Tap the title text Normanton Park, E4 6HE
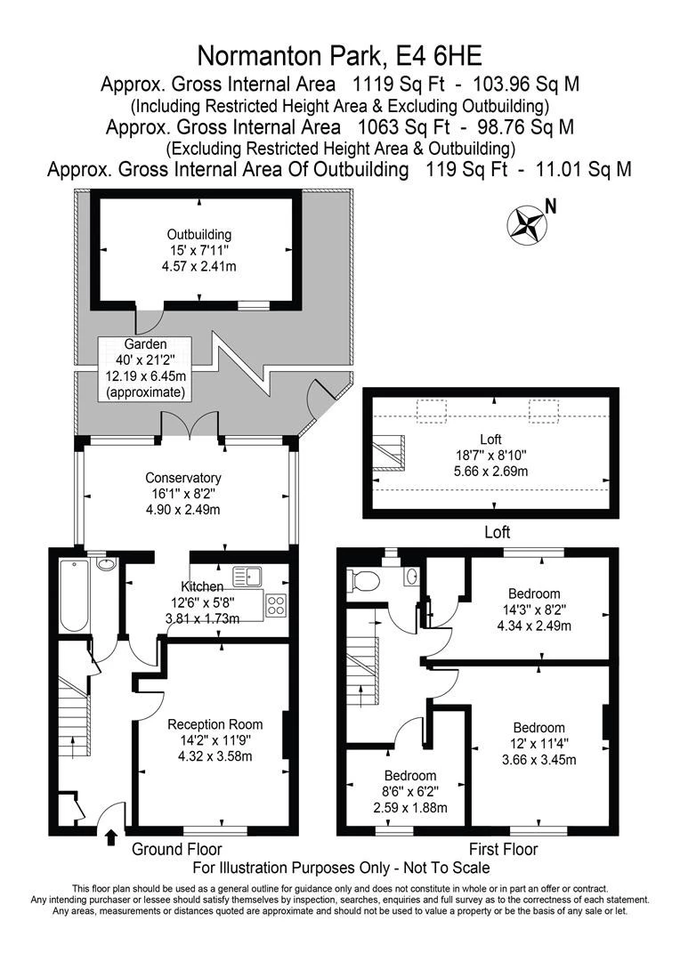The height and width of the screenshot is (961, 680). click(339, 56)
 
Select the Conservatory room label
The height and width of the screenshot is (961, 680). click(183, 478)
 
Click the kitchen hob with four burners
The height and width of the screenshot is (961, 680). click(276, 605)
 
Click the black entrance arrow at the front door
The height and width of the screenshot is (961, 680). click(110, 837)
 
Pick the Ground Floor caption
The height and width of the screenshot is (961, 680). click(177, 850)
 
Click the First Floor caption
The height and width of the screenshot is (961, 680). click(503, 850)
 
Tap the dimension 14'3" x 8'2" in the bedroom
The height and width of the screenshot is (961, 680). click(534, 610)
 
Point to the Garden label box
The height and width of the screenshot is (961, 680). click(145, 367)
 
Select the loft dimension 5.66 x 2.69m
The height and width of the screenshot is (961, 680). click(490, 471)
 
